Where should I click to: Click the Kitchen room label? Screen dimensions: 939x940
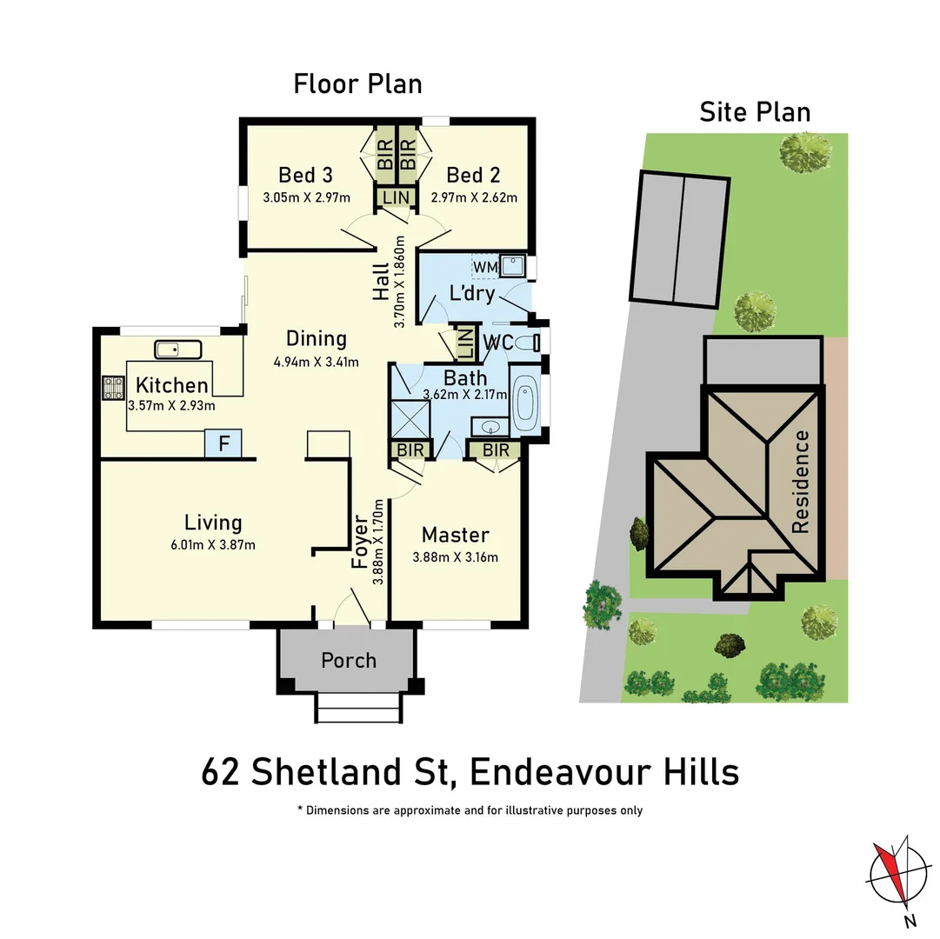[x=172, y=385]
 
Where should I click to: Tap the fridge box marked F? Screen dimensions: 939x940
[x=223, y=443]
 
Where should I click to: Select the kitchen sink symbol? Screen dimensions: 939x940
[x=178, y=350]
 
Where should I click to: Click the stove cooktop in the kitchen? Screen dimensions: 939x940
[x=114, y=387]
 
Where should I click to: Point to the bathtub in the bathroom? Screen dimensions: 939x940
[x=524, y=406]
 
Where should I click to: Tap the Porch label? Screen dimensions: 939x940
[x=349, y=660]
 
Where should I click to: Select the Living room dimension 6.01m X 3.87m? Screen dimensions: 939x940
[x=213, y=545]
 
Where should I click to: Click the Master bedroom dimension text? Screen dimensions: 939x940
[x=456, y=557]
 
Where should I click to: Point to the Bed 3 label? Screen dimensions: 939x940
[x=305, y=175]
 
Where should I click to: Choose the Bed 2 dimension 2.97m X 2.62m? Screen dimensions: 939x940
[x=474, y=197]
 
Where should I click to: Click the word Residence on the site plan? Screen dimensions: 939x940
[x=800, y=482]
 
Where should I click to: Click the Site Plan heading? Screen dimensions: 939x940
[x=755, y=112]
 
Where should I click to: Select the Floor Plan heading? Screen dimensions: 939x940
[x=357, y=84]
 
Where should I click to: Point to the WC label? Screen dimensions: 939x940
[x=497, y=342]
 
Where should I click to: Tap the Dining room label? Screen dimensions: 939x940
[x=317, y=338]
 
